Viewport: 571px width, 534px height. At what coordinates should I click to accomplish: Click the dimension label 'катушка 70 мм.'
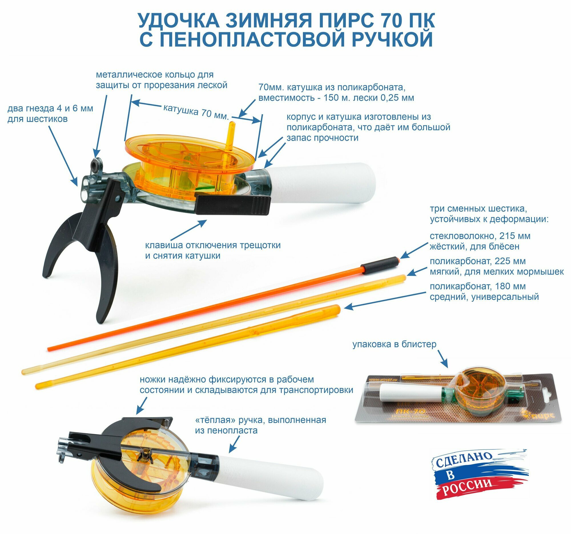click(x=196, y=111)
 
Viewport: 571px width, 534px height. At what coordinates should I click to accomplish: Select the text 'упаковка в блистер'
click(x=394, y=344)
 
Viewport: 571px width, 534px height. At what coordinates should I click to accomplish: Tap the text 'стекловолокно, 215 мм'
click(x=480, y=236)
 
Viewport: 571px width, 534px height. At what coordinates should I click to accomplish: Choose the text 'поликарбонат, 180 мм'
click(x=478, y=286)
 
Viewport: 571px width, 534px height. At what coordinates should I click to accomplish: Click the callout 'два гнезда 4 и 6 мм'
click(x=50, y=108)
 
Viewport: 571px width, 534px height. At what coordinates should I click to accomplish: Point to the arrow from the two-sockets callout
click(x=63, y=155)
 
